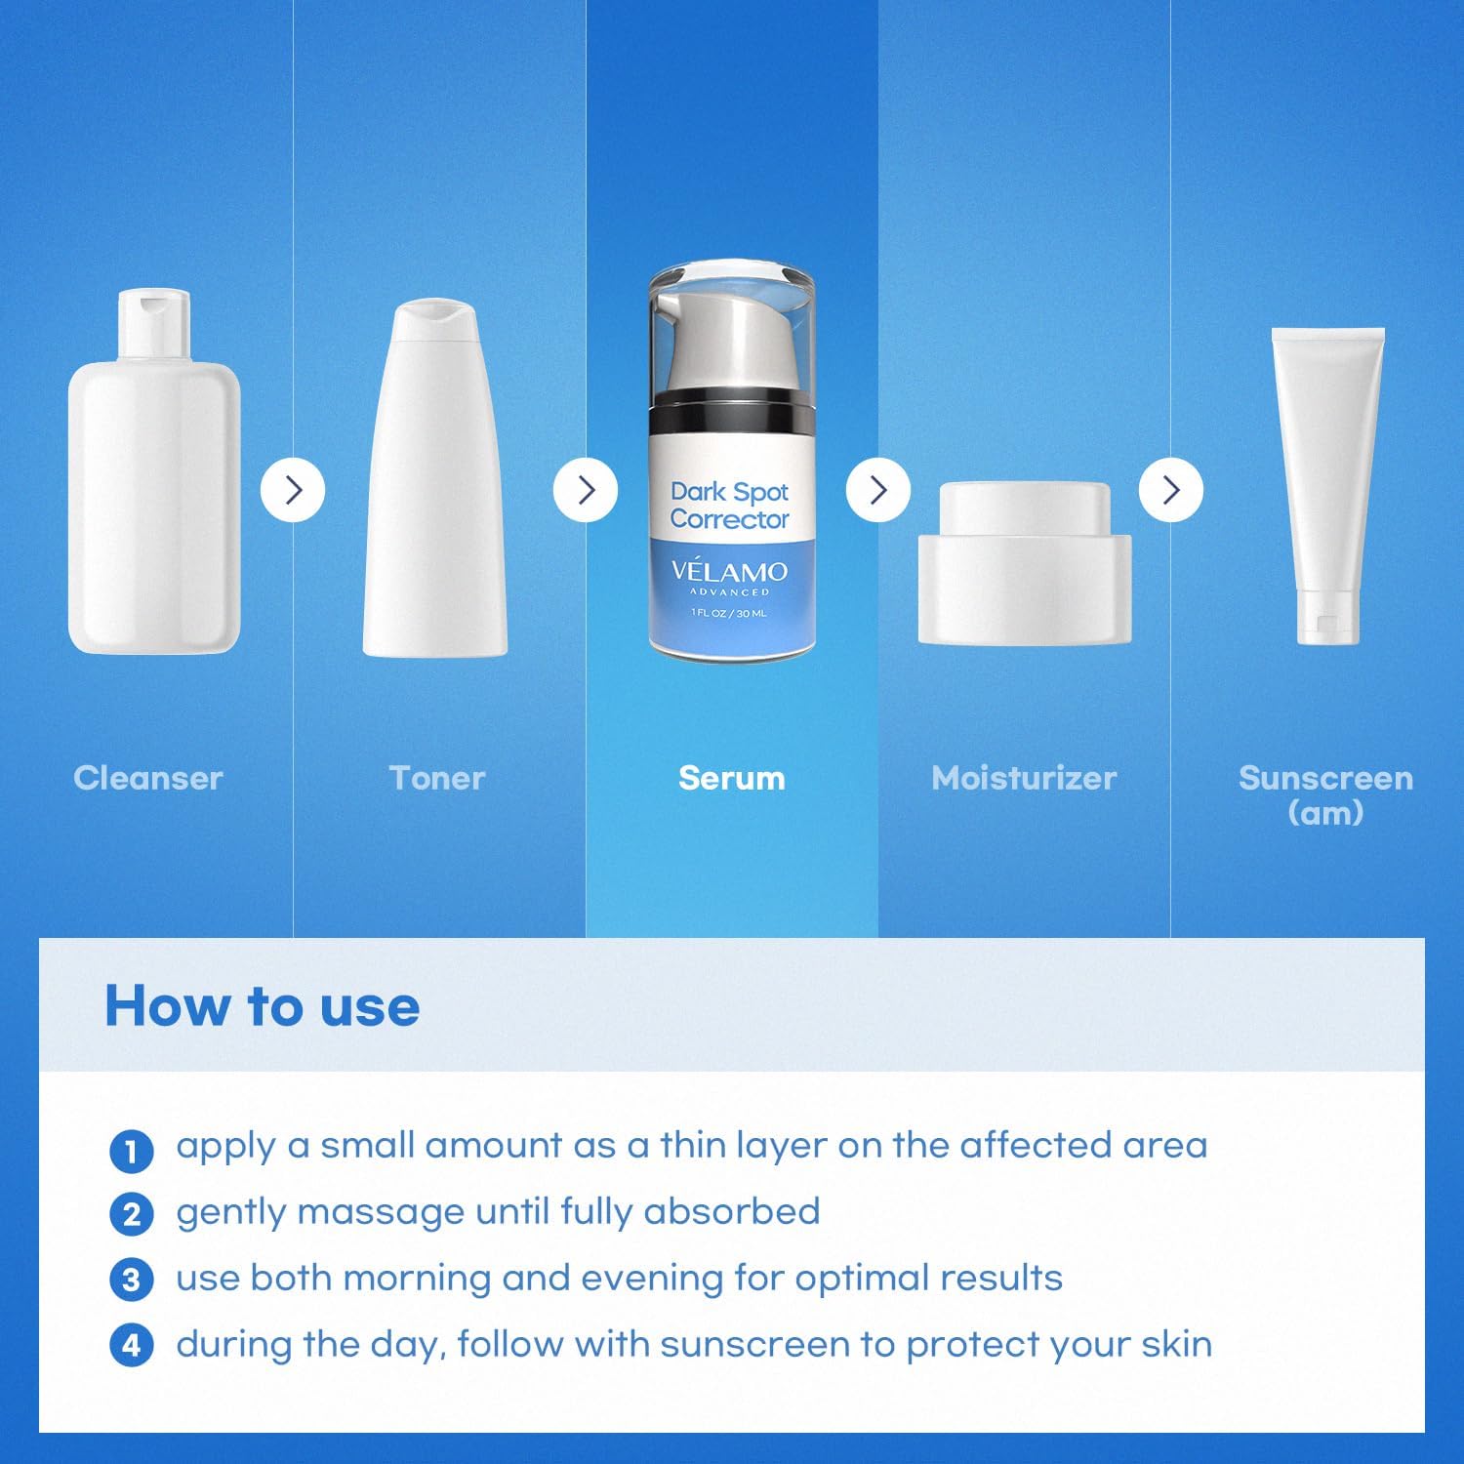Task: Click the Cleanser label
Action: (x=148, y=778)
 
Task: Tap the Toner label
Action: (x=437, y=778)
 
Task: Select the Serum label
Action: (x=732, y=778)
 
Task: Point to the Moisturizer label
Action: (x=1024, y=778)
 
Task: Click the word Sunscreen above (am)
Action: (x=1325, y=778)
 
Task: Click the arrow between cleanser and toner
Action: (x=293, y=489)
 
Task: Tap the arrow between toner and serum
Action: (x=586, y=489)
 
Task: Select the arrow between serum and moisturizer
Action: (x=878, y=489)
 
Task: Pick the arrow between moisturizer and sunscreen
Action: (x=1171, y=489)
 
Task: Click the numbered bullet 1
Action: (x=132, y=1151)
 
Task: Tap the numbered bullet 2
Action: (x=132, y=1215)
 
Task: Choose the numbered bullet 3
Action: (x=132, y=1281)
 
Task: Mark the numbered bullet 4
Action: (x=132, y=1346)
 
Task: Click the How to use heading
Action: (x=262, y=1006)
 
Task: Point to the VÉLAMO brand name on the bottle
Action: (x=729, y=571)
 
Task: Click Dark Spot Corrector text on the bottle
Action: (x=729, y=506)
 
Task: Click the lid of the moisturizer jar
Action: (x=1025, y=508)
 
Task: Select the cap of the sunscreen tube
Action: (x=1327, y=617)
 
